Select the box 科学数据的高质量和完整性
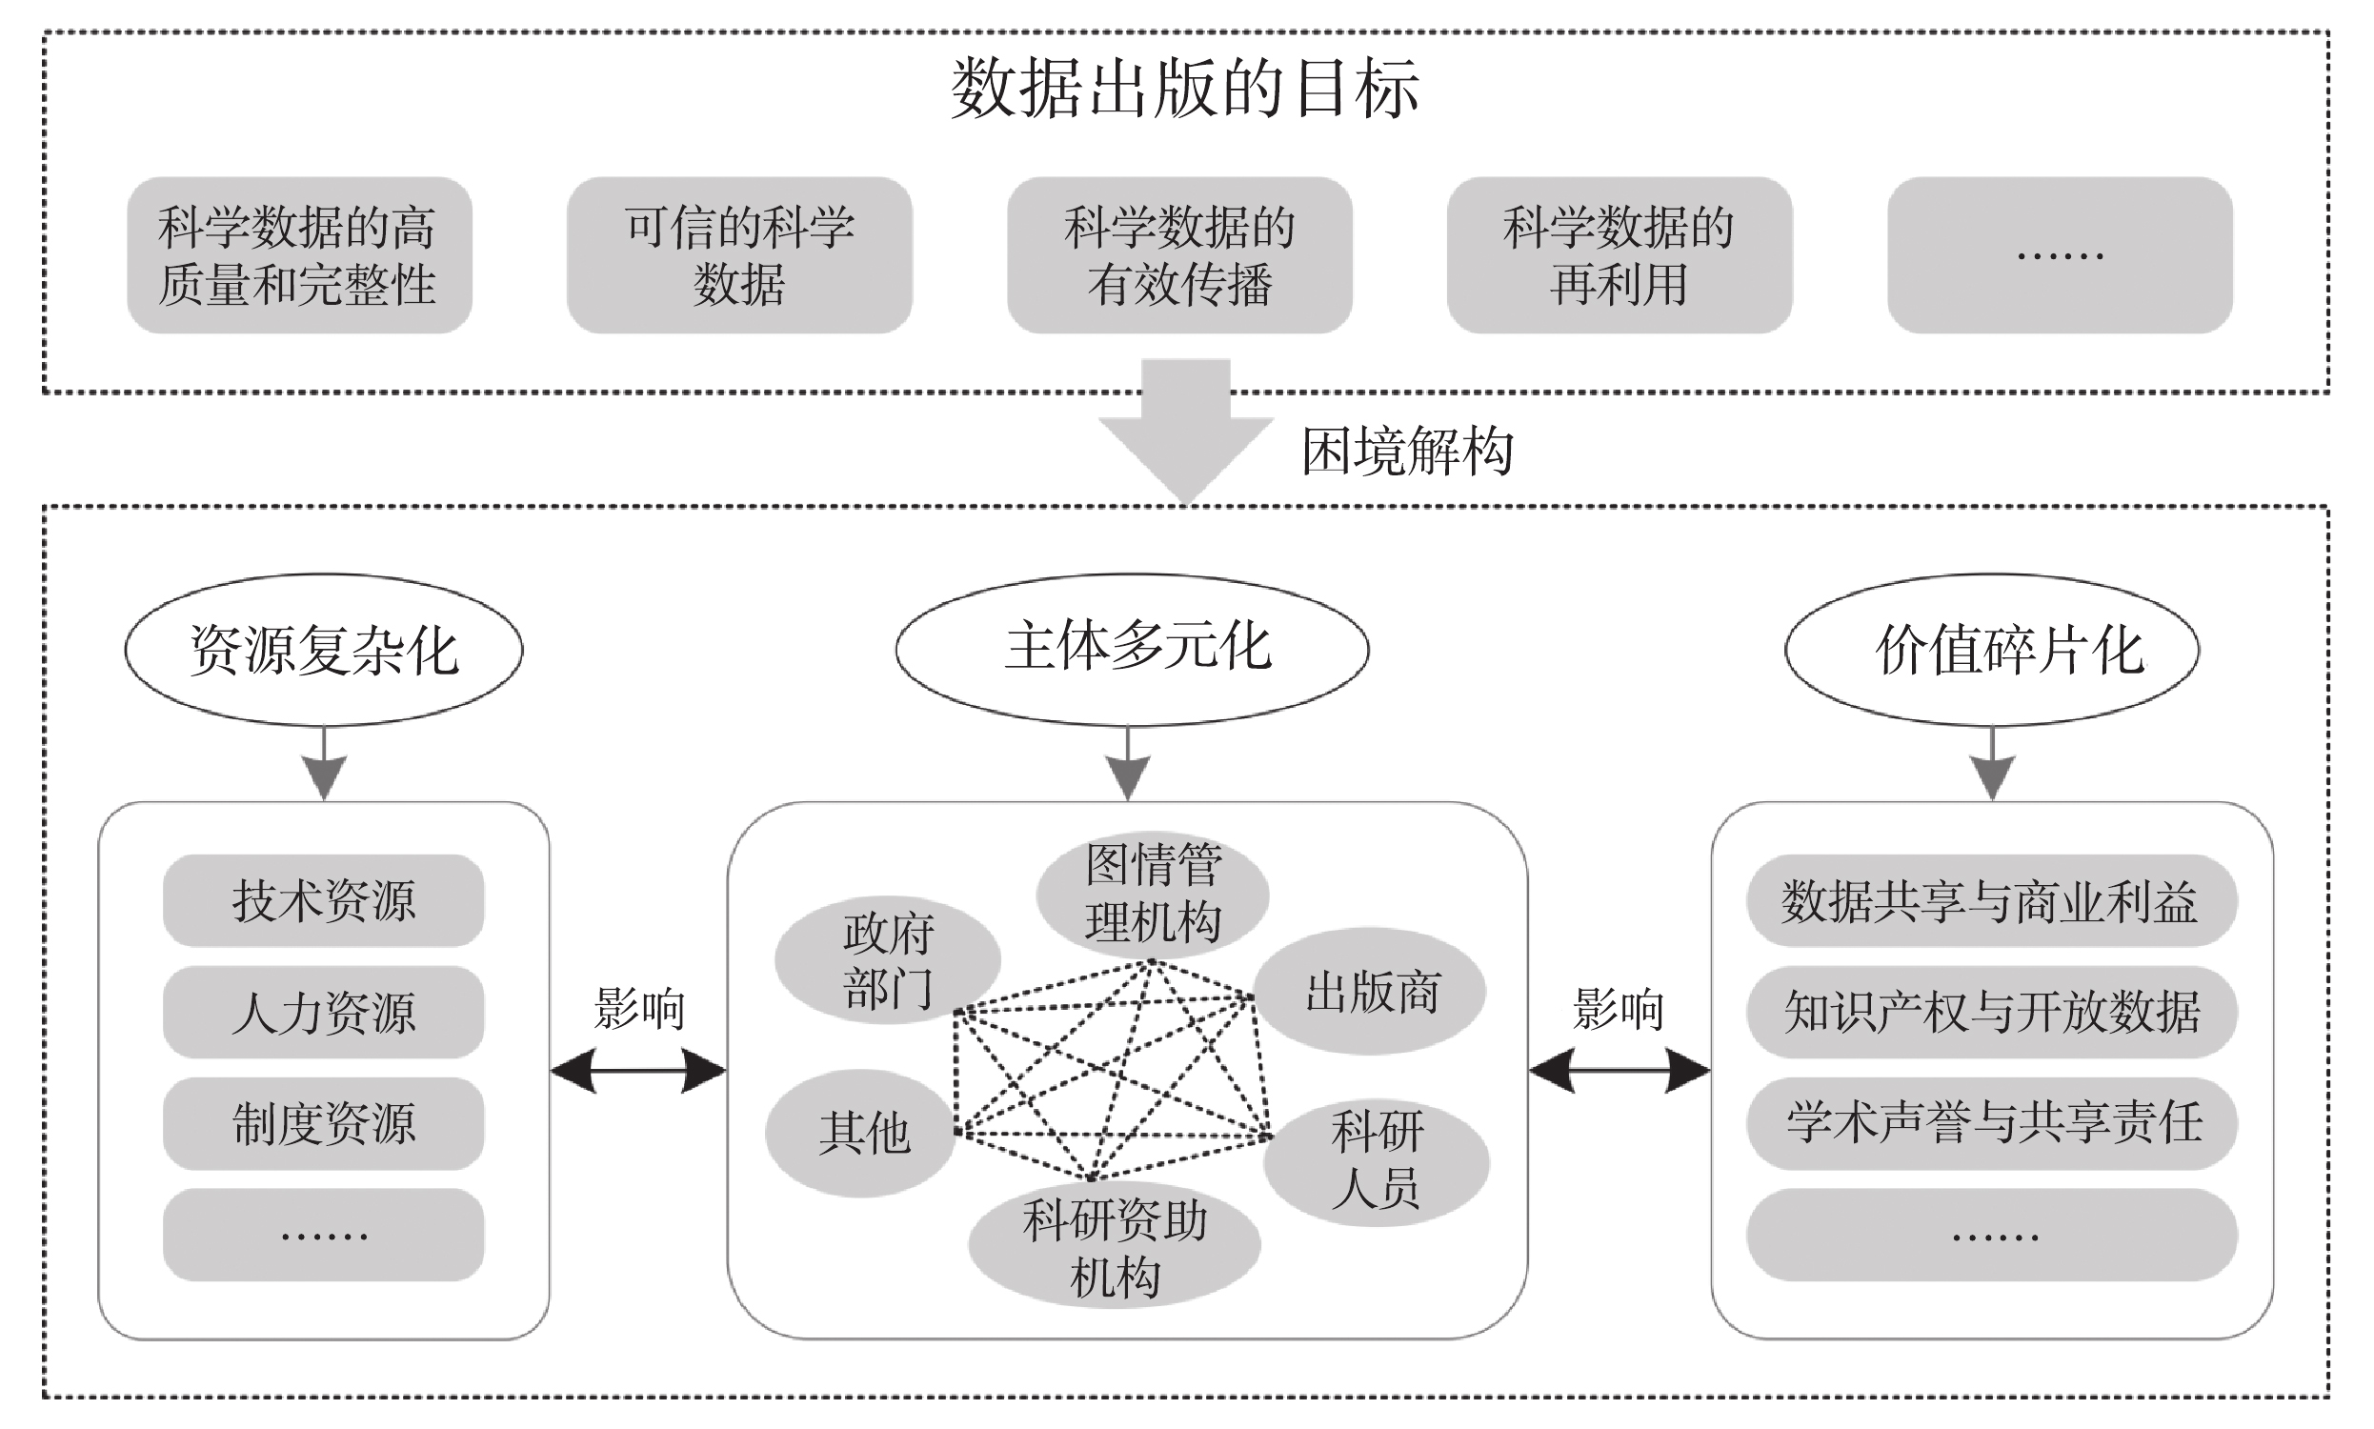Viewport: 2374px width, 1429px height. pyautogui.click(x=298, y=255)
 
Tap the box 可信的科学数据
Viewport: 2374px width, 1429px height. pyautogui.click(x=739, y=255)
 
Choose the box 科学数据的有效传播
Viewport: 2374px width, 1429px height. pyautogui.click(x=1179, y=255)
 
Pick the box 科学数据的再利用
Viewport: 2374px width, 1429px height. pyautogui.click(x=1620, y=255)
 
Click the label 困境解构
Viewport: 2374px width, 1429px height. pyautogui.click(x=1407, y=451)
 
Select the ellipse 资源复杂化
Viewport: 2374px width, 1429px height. pyautogui.click(x=324, y=650)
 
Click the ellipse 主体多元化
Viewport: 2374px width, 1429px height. pyautogui.click(x=1132, y=648)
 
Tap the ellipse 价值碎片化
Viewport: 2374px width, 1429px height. pyautogui.click(x=1991, y=650)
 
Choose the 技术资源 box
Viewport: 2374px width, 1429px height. pyautogui.click(x=324, y=900)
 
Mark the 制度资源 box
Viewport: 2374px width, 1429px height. pyautogui.click(x=324, y=1123)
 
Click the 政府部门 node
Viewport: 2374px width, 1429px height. pyautogui.click(x=887, y=960)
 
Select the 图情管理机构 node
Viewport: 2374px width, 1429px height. pyautogui.click(x=1153, y=893)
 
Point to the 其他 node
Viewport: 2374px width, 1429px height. pyautogui.click(x=861, y=1133)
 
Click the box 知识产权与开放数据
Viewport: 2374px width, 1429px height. pyautogui.click(x=1991, y=1012)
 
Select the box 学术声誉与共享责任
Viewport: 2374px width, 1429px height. pyautogui.click(x=1991, y=1123)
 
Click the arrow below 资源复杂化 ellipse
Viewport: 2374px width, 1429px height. pyautogui.click(x=325, y=765)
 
